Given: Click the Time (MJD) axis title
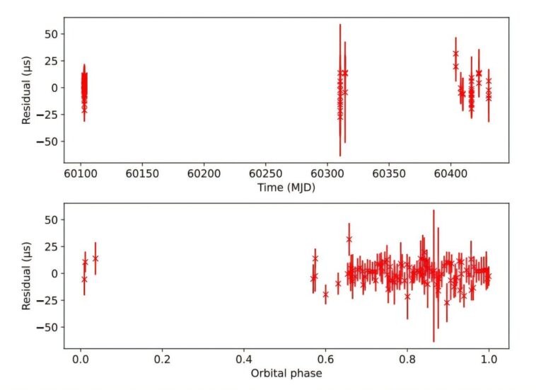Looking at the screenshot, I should click(x=286, y=188).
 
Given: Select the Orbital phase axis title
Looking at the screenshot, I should click(x=286, y=373).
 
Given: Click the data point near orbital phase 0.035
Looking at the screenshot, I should click(x=95, y=258).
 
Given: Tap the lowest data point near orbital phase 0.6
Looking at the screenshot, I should click(x=325, y=294).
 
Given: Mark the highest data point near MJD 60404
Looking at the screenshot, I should click(x=455, y=53).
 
